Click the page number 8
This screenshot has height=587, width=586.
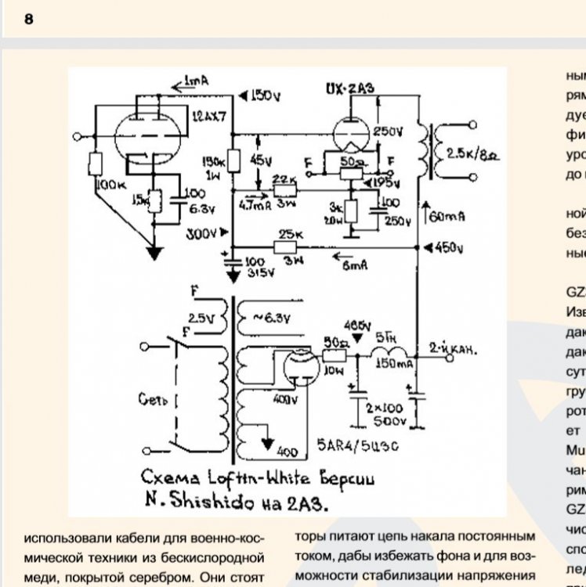click(x=29, y=20)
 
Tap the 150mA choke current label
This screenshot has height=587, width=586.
click(x=393, y=365)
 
